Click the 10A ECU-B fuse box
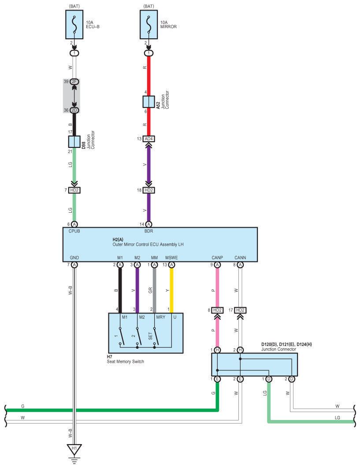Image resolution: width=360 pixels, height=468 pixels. point(74,25)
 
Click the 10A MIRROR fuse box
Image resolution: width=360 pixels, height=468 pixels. point(149,25)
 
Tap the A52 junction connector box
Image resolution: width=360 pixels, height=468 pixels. point(148,102)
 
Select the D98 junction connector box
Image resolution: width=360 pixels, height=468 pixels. point(74,142)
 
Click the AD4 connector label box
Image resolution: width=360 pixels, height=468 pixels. point(148,139)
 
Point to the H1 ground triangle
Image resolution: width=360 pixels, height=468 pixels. point(74,449)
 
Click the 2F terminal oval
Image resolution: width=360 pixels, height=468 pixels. point(74,81)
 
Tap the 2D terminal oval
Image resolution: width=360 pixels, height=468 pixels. point(74,110)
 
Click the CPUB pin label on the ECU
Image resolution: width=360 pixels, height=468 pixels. point(74,231)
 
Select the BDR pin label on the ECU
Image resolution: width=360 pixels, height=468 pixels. point(149,231)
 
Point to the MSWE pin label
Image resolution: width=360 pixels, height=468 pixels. point(171,258)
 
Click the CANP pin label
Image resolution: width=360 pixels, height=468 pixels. point(217,258)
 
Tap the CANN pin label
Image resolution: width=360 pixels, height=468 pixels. point(240,258)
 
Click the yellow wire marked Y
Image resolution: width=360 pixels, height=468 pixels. point(171,290)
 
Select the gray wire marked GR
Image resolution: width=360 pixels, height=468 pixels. point(155,290)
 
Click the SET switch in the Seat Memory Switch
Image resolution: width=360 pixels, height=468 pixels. point(156,337)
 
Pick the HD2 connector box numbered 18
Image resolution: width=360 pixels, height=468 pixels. point(148,190)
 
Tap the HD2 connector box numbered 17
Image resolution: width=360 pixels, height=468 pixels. point(240,310)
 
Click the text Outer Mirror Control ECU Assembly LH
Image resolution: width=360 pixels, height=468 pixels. point(148,244)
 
